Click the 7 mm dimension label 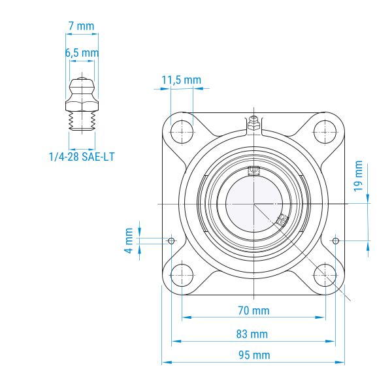click(x=81, y=26)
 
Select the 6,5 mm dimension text click(x=82, y=53)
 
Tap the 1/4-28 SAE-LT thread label click(x=82, y=157)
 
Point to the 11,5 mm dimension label click(x=181, y=80)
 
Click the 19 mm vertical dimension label click(x=358, y=176)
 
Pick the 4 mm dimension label click(x=129, y=240)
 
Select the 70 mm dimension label click(x=253, y=310)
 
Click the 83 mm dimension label click(x=252, y=334)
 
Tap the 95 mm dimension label click(x=254, y=355)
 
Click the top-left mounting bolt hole click(x=182, y=132)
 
